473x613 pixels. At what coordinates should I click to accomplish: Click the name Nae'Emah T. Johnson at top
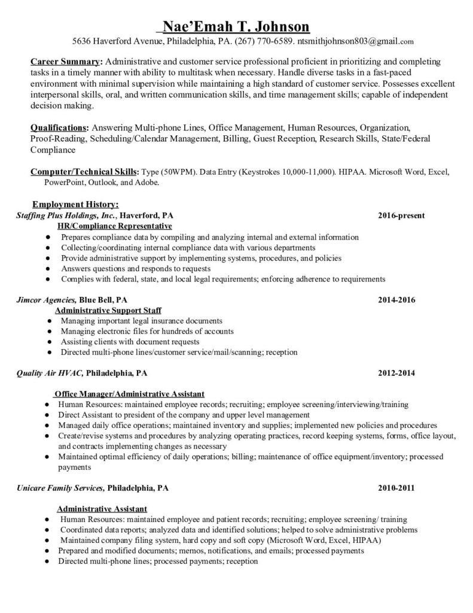236,27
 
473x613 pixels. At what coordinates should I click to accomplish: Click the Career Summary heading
66,62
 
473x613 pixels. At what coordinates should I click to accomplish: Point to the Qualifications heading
59,128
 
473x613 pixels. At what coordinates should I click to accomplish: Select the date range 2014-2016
396,299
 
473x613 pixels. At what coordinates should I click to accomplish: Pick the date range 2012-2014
396,373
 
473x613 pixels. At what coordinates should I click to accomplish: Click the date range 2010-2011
396,488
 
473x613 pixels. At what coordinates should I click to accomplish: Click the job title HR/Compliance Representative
114,226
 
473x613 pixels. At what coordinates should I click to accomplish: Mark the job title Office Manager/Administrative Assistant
130,394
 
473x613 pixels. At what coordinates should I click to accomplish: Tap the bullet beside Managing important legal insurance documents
47,321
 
